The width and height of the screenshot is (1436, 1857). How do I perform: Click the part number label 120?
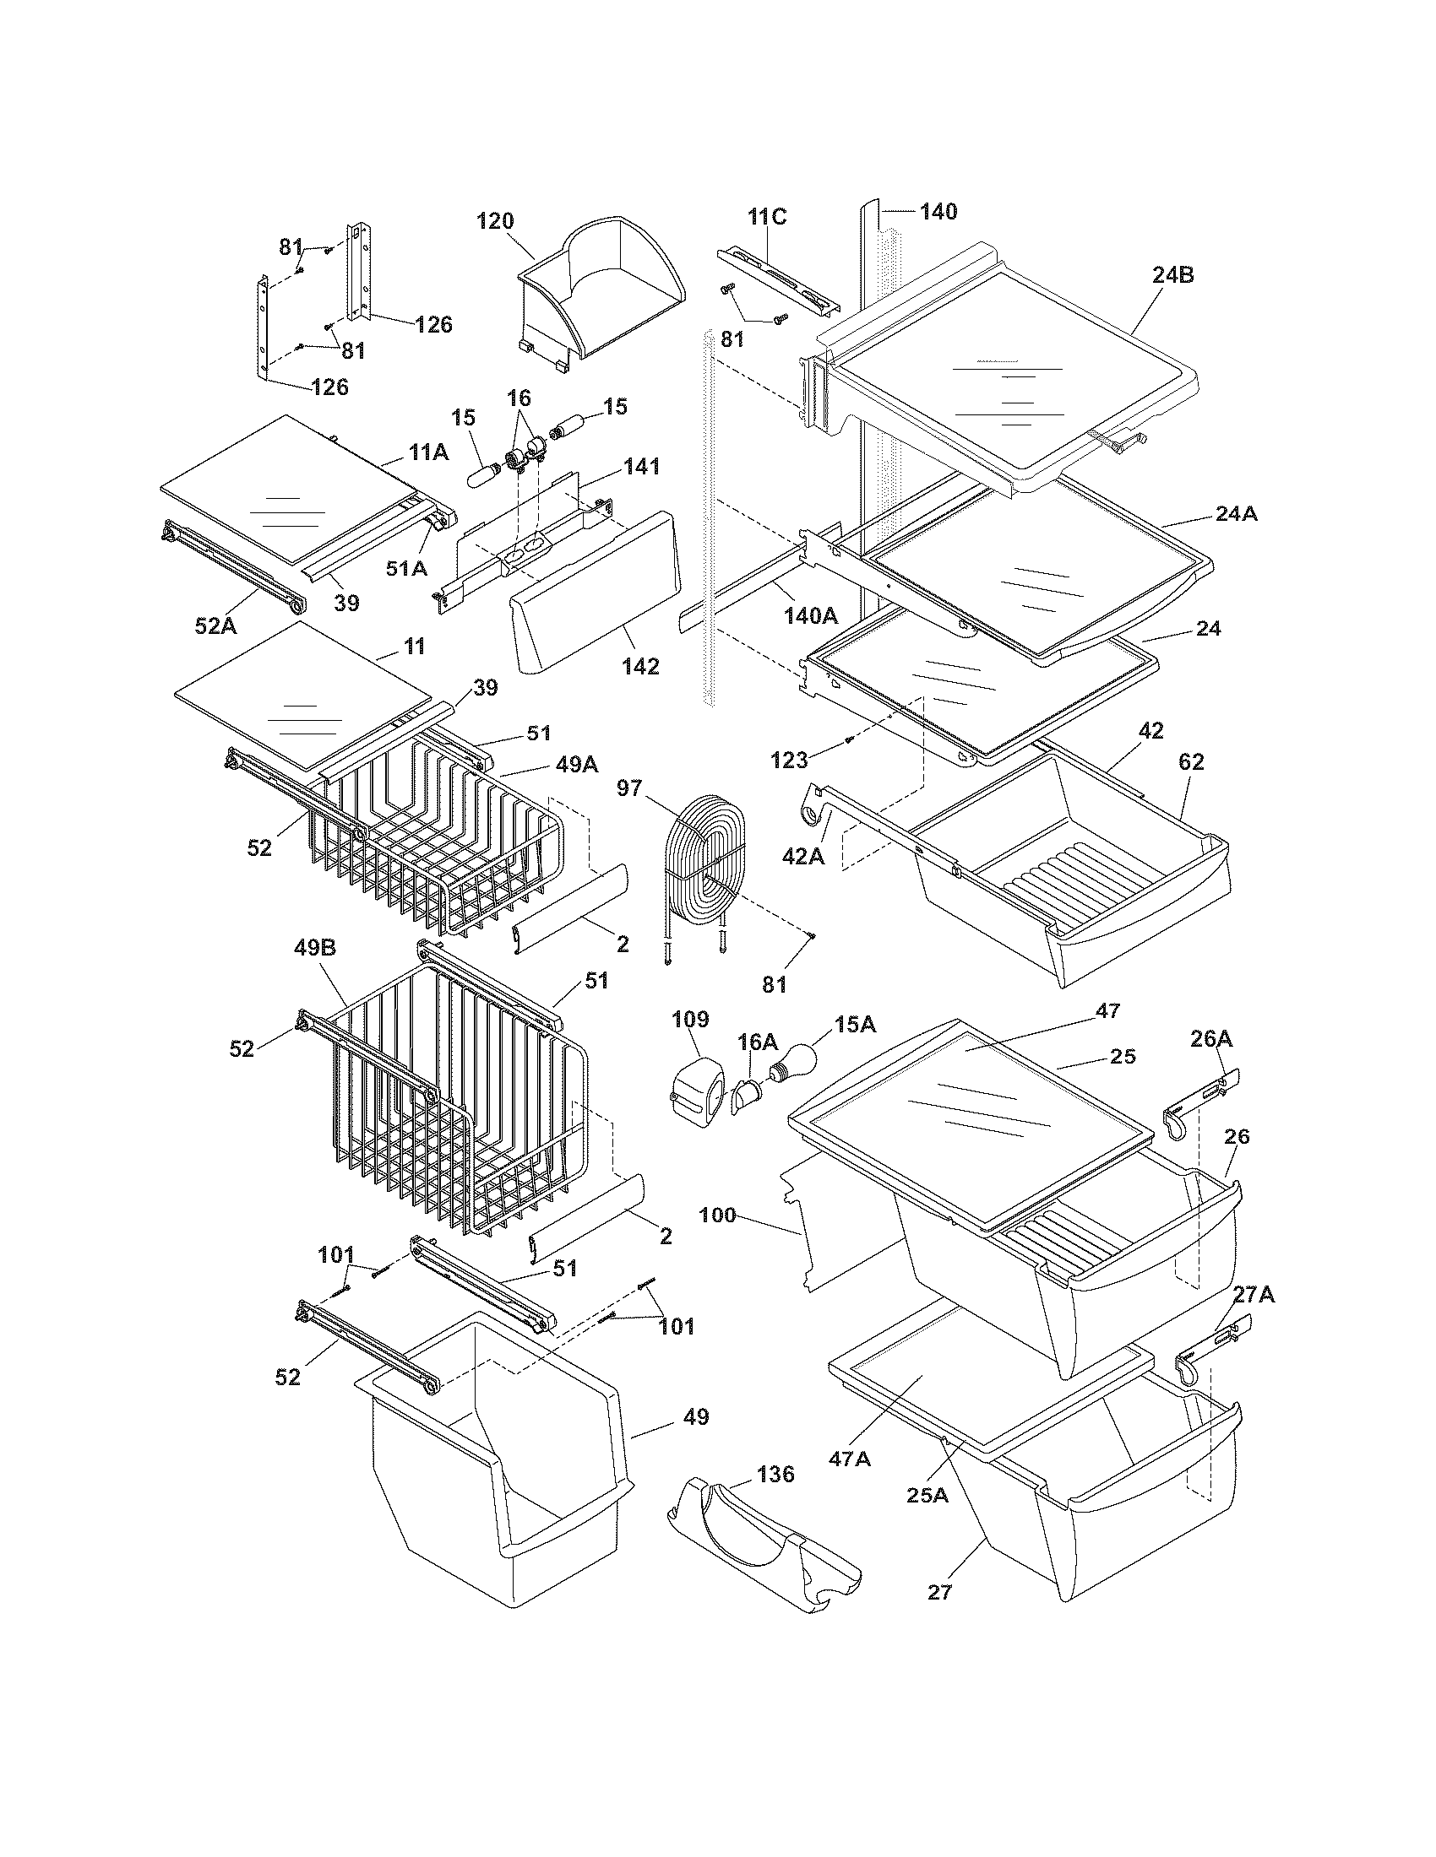coord(495,221)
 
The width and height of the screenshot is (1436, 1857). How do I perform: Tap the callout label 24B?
coord(1173,275)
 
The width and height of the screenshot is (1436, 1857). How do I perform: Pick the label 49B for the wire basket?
coord(316,947)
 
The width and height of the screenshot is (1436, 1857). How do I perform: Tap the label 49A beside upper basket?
coord(577,765)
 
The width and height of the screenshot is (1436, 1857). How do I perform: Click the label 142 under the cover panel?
coord(640,666)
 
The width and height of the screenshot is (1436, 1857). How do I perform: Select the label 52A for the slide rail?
coord(216,625)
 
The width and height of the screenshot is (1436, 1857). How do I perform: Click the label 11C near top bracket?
coord(767,217)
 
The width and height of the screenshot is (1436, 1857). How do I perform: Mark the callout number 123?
coord(789,761)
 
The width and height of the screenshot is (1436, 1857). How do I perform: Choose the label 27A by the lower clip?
coord(1254,1295)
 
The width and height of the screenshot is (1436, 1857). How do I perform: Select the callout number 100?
coord(717,1215)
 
